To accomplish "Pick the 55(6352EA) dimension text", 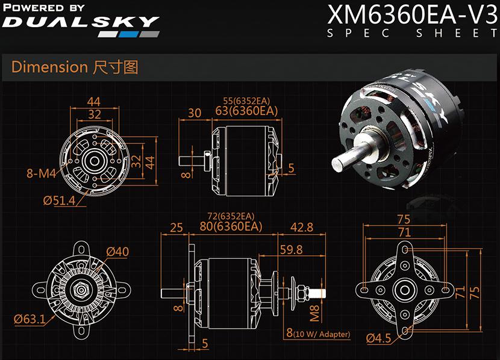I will (x=247, y=100).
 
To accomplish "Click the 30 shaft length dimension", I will (x=194, y=113).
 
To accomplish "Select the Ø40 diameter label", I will (x=117, y=251).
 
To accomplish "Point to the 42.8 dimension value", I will (x=302, y=227).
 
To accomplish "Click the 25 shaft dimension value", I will (x=177, y=228).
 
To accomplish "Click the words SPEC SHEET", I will (x=413, y=33).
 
